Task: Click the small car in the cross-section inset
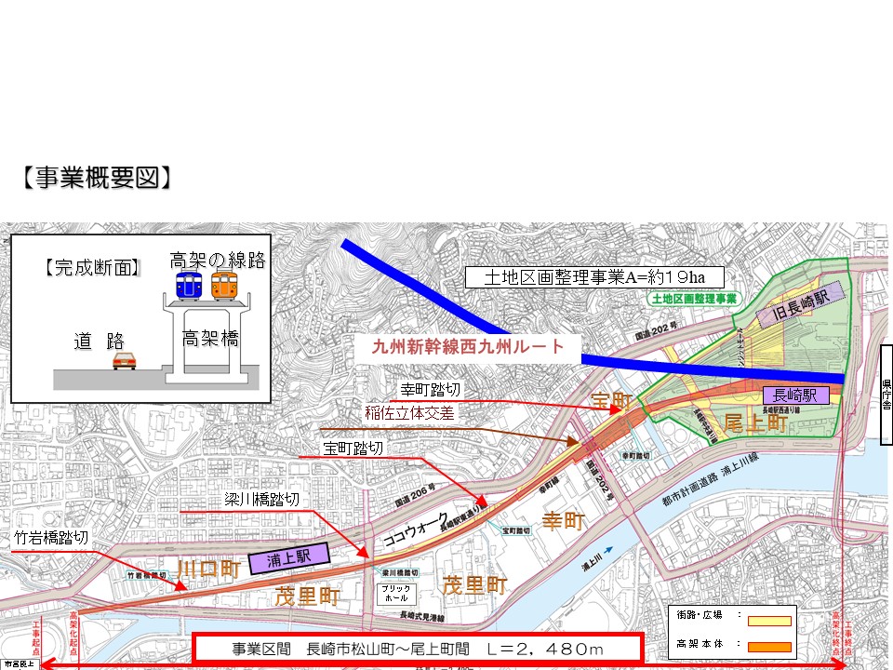125,360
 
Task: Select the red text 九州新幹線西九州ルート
468,347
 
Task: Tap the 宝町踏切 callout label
353,449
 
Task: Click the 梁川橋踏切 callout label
262,500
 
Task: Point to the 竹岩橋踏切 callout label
51,538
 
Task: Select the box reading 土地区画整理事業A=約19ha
593,277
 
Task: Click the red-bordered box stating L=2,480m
418,647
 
